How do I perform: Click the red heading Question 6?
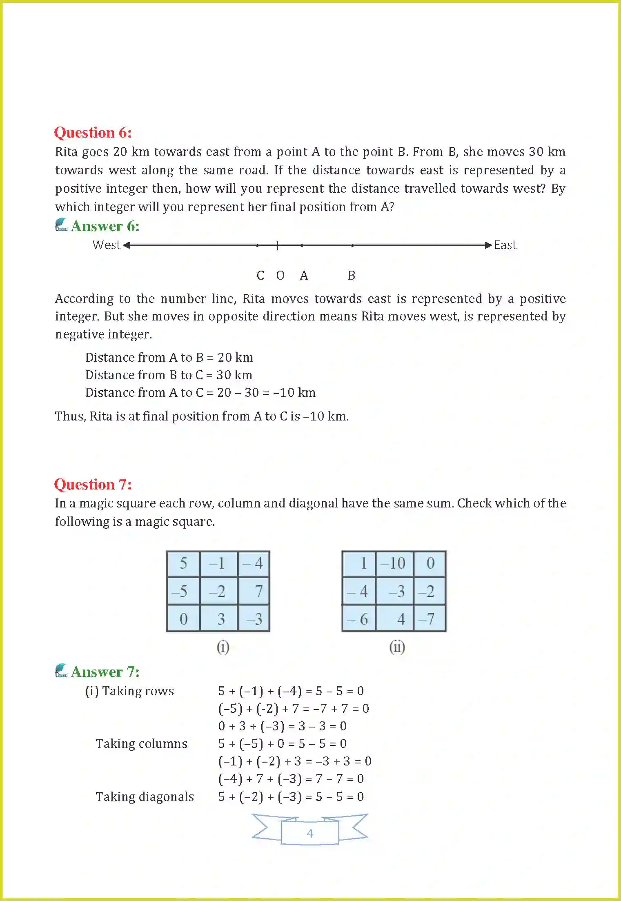coord(93,133)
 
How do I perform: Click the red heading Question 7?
coord(93,484)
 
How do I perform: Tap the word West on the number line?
coord(106,245)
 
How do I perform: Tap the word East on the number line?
coord(505,245)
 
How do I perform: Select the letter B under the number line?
coord(352,276)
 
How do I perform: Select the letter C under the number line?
coord(260,276)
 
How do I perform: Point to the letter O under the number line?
coord(280,276)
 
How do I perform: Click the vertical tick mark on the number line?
coord(278,245)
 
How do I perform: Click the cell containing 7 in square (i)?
coord(254,591)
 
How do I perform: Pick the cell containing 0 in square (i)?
coord(184,619)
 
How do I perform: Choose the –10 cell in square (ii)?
coord(394,564)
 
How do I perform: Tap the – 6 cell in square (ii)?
coord(358,619)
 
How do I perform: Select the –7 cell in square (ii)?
coord(430,619)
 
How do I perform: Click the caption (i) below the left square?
coord(223,647)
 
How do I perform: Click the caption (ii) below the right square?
coord(397,647)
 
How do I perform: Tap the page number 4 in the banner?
coord(310,833)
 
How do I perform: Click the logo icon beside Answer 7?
coord(61,671)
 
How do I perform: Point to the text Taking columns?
coord(141,744)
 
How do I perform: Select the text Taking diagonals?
coord(145,797)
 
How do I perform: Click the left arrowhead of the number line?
coord(126,245)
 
